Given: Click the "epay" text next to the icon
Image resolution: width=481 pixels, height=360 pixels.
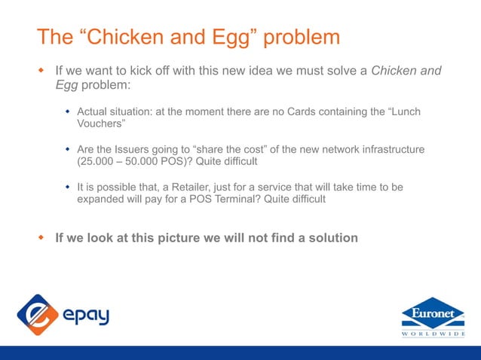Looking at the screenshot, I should (x=85, y=315).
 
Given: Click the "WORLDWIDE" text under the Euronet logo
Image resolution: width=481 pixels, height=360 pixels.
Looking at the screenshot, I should (x=433, y=334).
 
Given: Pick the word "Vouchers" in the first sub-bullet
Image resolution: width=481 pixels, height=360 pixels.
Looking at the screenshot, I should (x=101, y=124).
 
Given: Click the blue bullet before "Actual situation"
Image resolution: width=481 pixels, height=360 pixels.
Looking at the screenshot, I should (x=67, y=111).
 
